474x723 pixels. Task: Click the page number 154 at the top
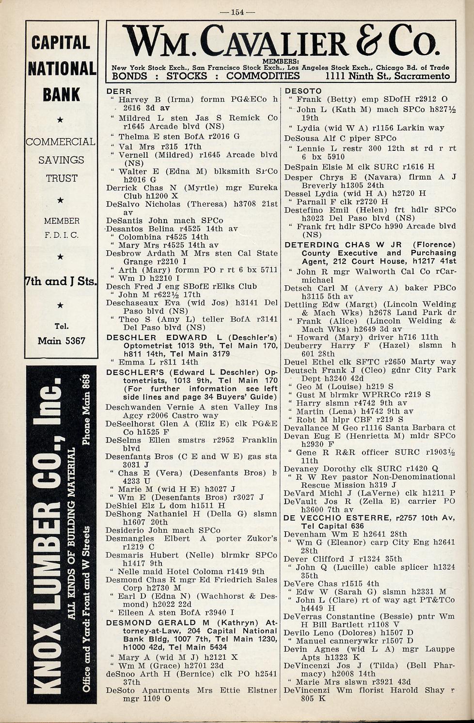coord(237,12)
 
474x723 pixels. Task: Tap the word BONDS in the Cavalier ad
coord(129,76)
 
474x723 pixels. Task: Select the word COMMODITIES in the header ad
coord(263,76)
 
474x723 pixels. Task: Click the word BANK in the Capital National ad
coord(61,94)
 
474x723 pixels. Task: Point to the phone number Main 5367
coord(61,341)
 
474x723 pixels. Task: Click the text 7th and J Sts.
coord(61,281)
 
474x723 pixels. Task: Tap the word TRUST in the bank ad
coord(62,178)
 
